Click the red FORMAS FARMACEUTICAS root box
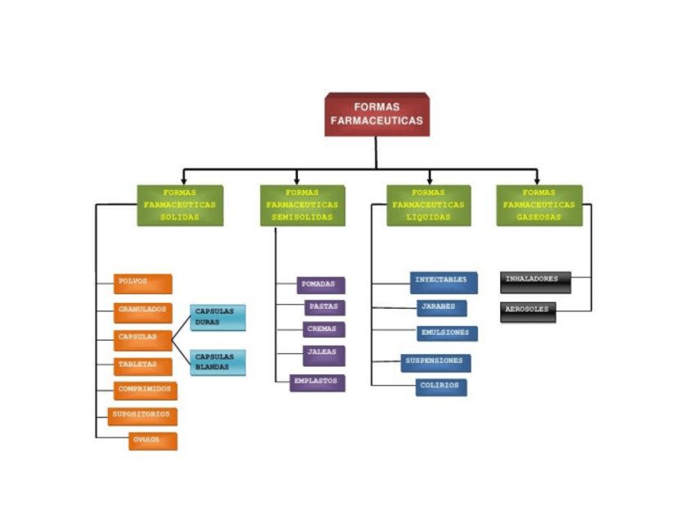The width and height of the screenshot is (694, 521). coord(376,114)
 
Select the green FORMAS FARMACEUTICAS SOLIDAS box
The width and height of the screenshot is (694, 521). coord(179,205)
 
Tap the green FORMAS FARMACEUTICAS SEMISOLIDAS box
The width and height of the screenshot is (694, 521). coord(302,205)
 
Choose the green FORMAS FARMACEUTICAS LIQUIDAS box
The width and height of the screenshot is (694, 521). coord(428,205)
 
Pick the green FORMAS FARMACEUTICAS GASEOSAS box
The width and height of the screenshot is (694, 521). coord(539,205)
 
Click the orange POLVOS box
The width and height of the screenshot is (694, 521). coord(143,283)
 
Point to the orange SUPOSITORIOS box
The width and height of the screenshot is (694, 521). coord(142,416)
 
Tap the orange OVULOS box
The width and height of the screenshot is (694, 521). coord(152,442)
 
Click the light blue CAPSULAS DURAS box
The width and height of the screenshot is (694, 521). coord(218,318)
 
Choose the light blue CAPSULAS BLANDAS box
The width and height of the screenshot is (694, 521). coord(218,362)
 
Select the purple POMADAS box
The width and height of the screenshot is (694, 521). coord(320,285)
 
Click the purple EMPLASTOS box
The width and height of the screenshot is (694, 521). coord(318,383)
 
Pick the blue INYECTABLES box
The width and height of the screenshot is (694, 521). coord(443,282)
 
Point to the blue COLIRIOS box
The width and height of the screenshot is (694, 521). coord(441,387)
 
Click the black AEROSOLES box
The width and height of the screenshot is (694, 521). coord(528,311)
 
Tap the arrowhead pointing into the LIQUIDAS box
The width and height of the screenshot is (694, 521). coord(429,180)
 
